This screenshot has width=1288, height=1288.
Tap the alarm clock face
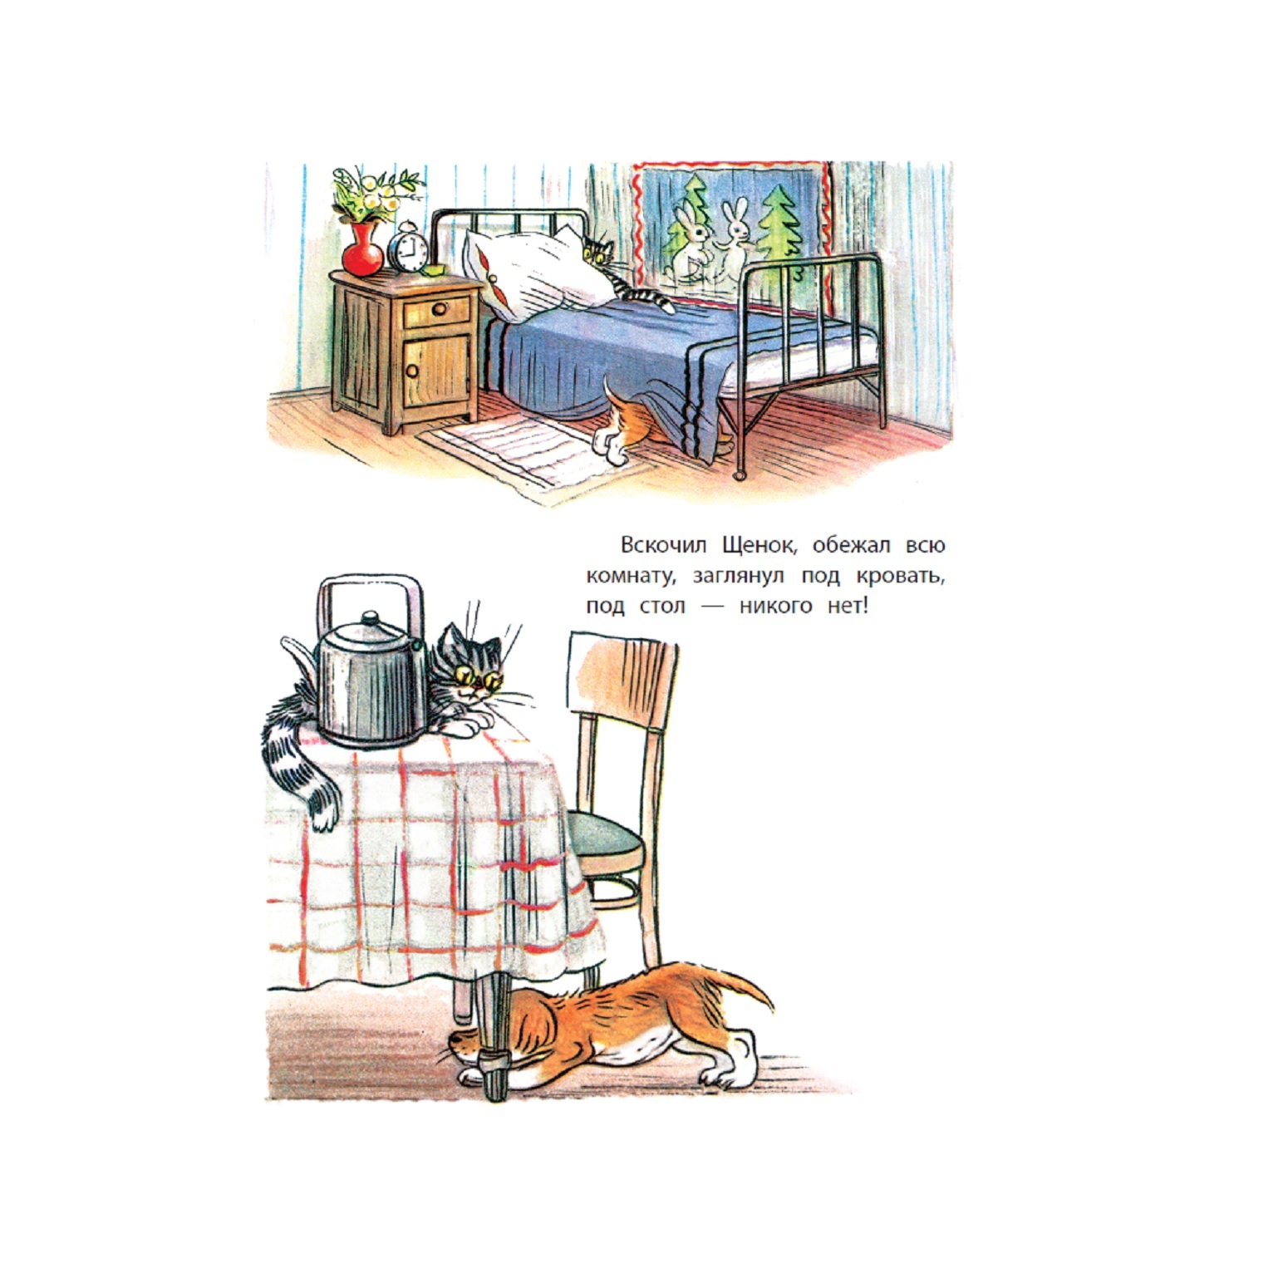pos(410,250)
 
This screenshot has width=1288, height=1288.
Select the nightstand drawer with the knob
pos(437,312)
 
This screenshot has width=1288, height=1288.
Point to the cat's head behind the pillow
pos(597,250)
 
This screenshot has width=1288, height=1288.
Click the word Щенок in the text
pos(760,546)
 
